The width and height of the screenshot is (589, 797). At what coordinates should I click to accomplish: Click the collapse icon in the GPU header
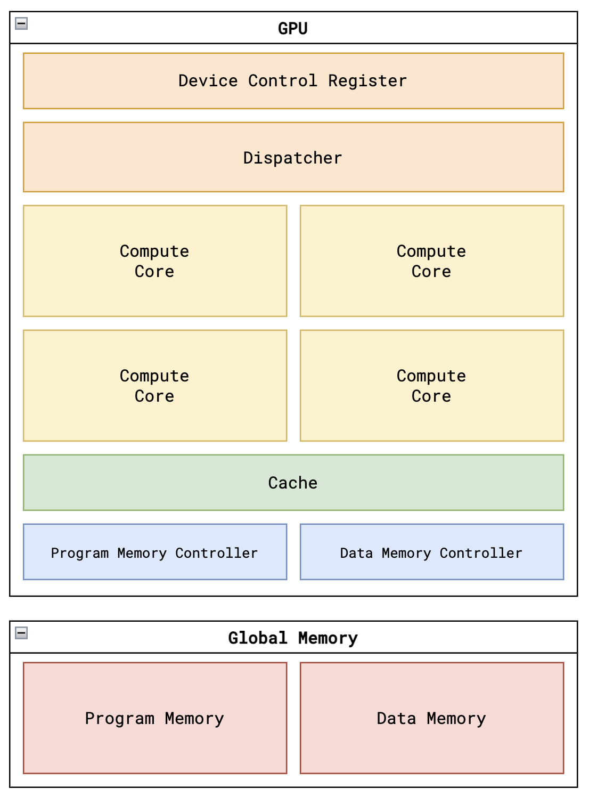pyautogui.click(x=21, y=23)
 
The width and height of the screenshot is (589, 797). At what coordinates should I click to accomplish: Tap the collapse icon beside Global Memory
pyautogui.click(x=21, y=633)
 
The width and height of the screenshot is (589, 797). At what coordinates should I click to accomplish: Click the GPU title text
pyautogui.click(x=293, y=28)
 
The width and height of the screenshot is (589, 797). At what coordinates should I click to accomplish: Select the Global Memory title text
pyautogui.click(x=293, y=638)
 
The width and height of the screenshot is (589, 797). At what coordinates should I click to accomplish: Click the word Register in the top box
pyautogui.click(x=367, y=81)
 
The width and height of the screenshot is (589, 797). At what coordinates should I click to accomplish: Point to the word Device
pyautogui.click(x=208, y=81)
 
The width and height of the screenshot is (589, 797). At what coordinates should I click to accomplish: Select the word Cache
pyautogui.click(x=293, y=483)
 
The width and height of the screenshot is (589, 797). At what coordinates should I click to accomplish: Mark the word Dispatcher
pyautogui.click(x=293, y=158)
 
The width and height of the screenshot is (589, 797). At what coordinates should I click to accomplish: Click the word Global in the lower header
pyautogui.click(x=258, y=638)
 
